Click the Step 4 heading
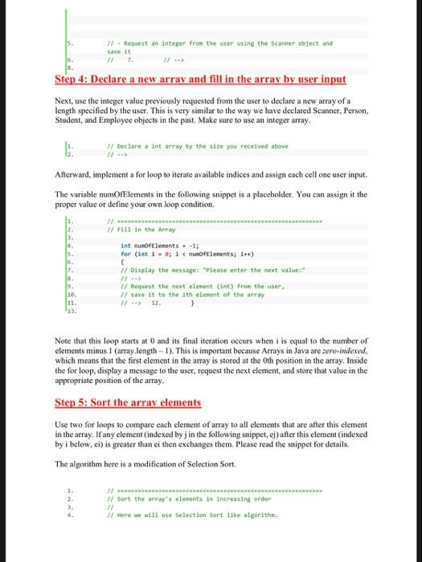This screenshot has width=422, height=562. pos(200,79)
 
